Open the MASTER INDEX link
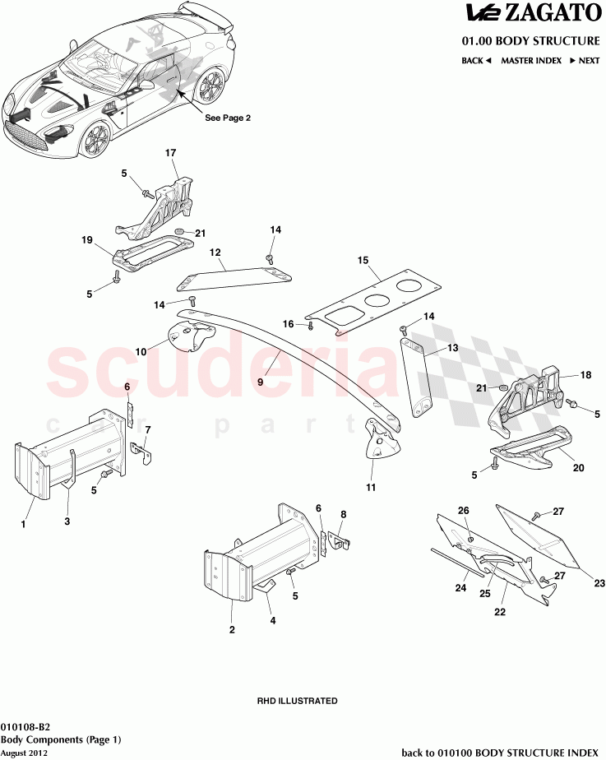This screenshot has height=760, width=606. pos(531,61)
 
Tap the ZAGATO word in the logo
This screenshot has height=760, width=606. pos(554,13)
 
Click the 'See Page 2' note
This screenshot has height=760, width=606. pos(228,118)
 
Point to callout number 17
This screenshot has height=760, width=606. pos(171,153)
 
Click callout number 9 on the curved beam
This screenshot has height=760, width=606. pos(260,381)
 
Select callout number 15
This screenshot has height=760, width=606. pos(363,260)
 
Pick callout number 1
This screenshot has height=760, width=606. pos(24,523)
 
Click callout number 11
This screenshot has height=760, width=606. pos(370,488)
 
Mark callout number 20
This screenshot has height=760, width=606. pos(578,468)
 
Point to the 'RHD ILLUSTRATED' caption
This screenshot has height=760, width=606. pos(298,701)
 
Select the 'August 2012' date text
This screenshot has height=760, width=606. pos(23,753)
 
